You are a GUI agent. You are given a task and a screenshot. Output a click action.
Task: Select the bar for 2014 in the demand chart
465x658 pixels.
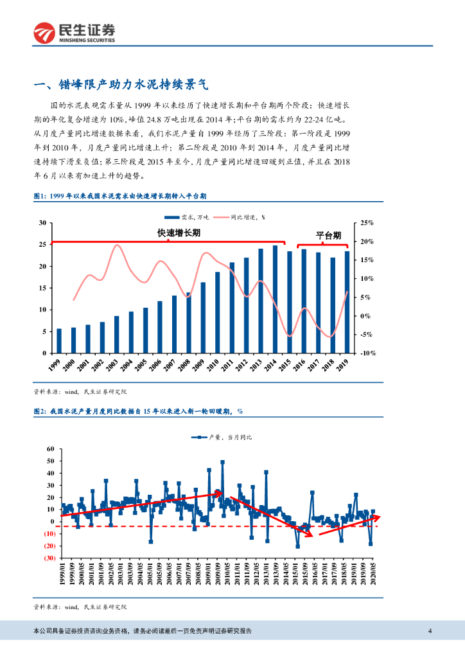[275, 299]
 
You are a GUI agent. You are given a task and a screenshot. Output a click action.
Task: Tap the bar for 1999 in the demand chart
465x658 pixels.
[59, 341]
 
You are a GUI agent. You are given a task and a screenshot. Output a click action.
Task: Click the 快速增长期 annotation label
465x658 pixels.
[179, 233]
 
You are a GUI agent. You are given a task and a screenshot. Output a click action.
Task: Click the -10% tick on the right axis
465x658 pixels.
[366, 353]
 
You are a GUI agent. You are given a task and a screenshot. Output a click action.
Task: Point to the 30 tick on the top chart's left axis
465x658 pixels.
[42, 223]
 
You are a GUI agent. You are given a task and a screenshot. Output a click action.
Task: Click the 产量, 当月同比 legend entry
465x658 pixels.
[222, 437]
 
